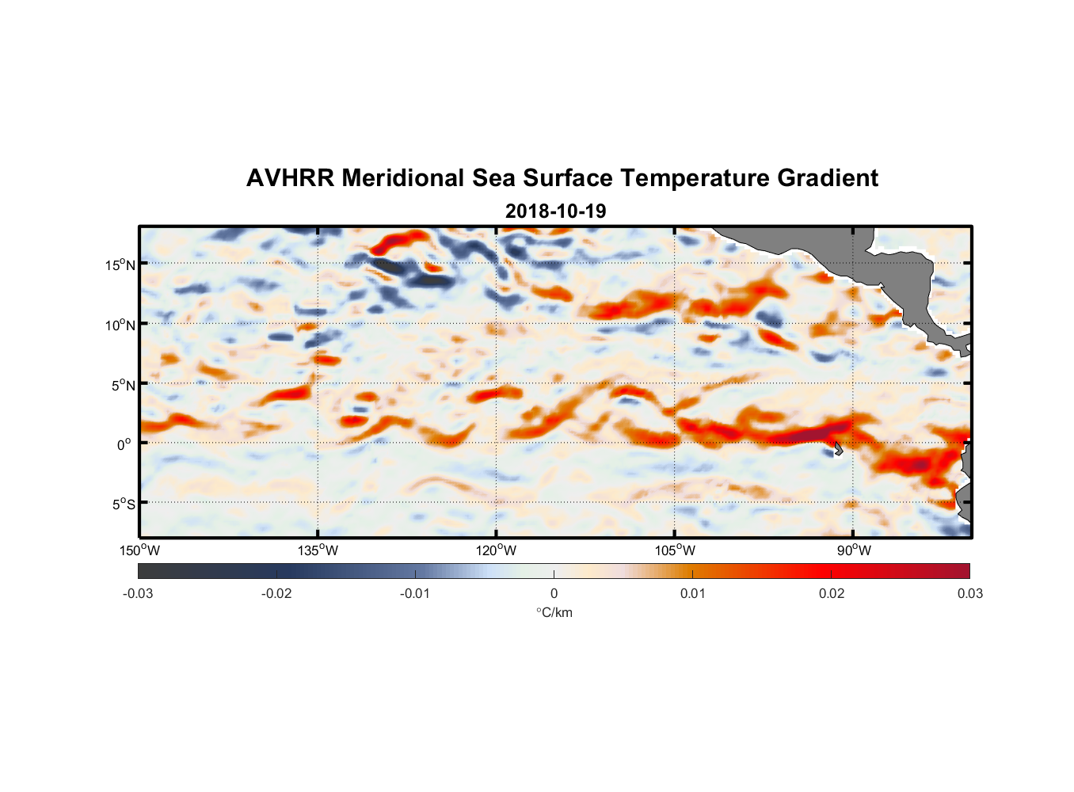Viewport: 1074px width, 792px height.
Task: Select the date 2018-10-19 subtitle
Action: (x=555, y=211)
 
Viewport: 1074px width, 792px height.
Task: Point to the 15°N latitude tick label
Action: (x=120, y=265)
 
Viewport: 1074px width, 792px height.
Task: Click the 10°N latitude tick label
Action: (x=120, y=325)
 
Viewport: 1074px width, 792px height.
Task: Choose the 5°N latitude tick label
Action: (x=122, y=385)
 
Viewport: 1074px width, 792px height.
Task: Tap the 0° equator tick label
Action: (x=124, y=444)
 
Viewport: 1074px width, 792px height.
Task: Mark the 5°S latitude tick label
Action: (x=123, y=504)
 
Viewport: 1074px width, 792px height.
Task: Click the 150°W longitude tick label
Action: (x=139, y=550)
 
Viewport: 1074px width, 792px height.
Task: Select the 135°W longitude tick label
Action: (x=318, y=550)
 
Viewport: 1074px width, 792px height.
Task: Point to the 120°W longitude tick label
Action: (x=497, y=550)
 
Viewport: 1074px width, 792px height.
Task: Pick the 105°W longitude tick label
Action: (x=675, y=550)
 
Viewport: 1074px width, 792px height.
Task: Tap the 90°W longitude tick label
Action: (x=854, y=550)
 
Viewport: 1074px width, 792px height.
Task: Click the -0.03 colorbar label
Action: (x=138, y=593)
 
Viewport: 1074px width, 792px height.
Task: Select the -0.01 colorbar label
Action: (x=415, y=593)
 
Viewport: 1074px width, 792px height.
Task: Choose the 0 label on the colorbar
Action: (x=554, y=593)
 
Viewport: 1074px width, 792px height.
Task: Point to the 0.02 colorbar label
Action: (x=832, y=593)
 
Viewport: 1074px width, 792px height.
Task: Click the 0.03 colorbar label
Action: (x=969, y=593)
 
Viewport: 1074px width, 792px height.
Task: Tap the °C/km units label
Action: (x=554, y=612)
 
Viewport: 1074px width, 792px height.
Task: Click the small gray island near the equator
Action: (x=837, y=449)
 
